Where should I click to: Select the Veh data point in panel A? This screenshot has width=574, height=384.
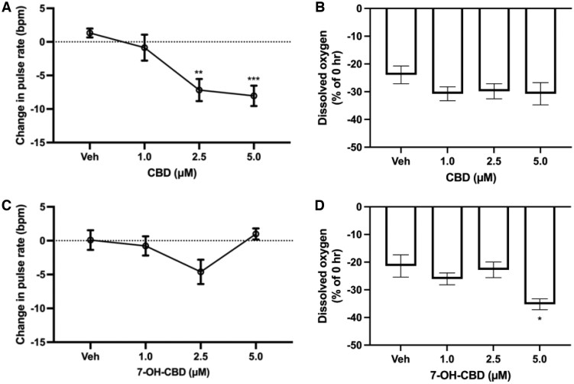coord(89,33)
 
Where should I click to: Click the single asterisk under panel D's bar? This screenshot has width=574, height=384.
coord(539,319)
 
